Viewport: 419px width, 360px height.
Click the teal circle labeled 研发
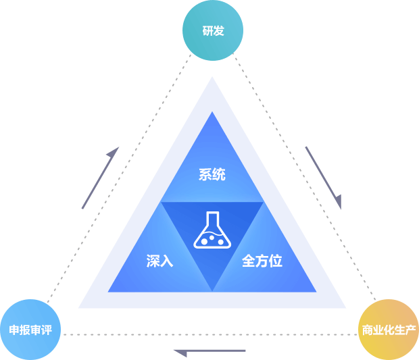(213, 30)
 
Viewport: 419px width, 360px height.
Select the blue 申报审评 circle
(30, 330)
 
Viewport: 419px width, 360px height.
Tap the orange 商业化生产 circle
(388, 330)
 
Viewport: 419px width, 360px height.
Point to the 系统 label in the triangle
(212, 175)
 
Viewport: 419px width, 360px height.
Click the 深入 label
(159, 261)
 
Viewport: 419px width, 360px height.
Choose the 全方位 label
(262, 261)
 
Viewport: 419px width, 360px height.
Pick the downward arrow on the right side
(324, 178)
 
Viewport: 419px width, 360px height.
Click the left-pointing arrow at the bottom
(209, 351)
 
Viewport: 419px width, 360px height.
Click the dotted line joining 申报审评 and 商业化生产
(209, 334)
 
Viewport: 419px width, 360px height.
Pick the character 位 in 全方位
(275, 261)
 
